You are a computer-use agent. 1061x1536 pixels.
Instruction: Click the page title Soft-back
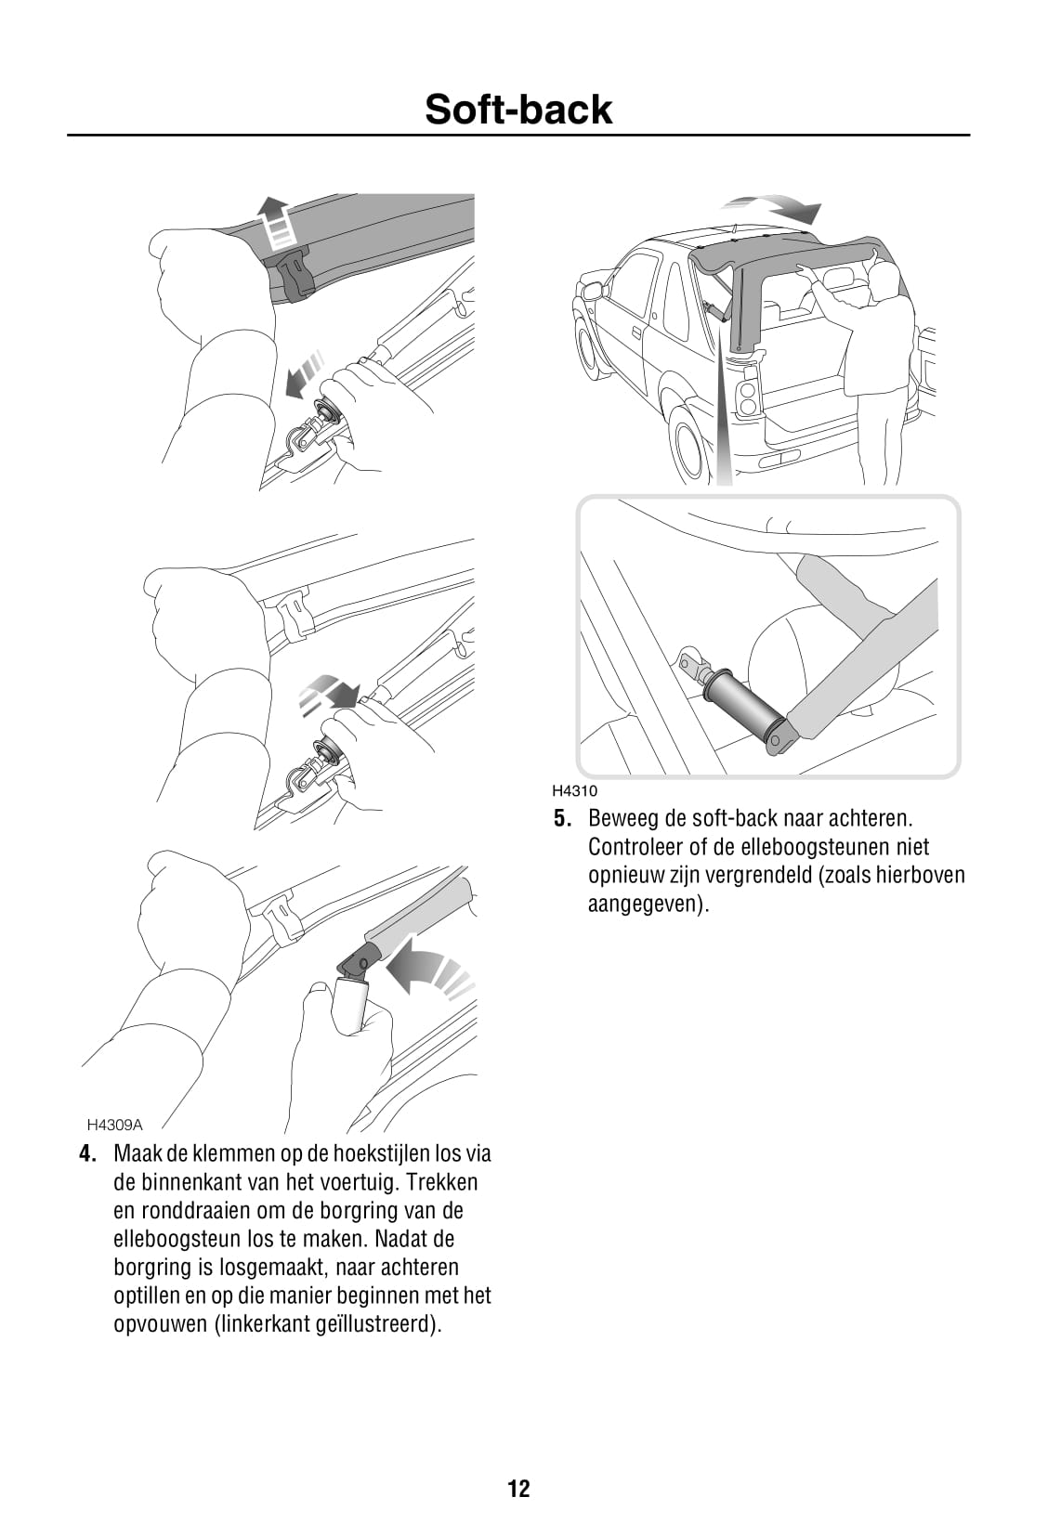pos(518,110)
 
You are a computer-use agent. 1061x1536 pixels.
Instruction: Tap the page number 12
pos(518,1489)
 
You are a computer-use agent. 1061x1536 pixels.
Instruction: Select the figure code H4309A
pos(114,1125)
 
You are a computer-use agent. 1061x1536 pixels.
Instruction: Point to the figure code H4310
pos(574,791)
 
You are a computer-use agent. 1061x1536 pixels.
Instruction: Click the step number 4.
pos(87,1153)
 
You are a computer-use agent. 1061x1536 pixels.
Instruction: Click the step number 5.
pos(561,819)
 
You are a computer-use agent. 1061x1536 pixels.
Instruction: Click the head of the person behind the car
pos(884,276)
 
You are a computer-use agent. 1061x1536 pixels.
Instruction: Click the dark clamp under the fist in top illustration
pos(294,273)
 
